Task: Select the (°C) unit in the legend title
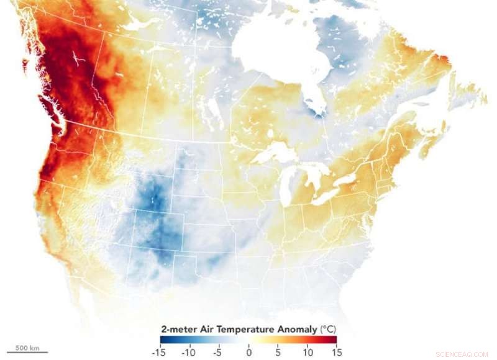click(x=326, y=329)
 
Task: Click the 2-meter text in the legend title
click(x=178, y=329)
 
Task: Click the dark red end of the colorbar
click(x=332, y=340)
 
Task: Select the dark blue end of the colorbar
click(x=164, y=340)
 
